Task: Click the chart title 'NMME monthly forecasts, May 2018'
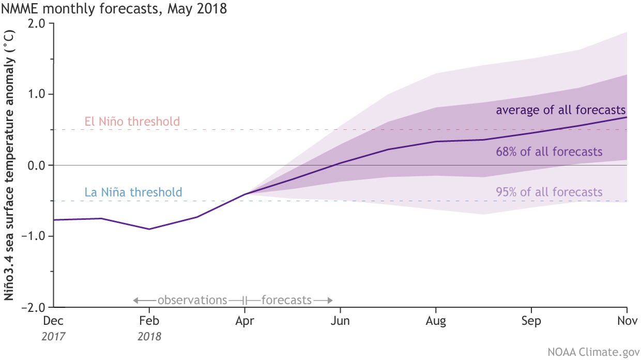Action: click(114, 10)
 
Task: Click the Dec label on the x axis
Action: click(54, 321)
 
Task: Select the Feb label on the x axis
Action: click(149, 321)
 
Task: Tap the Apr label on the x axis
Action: click(245, 321)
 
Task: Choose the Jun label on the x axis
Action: click(340, 321)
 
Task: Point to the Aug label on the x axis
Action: click(436, 321)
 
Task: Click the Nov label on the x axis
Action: click(627, 321)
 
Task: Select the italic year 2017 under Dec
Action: click(54, 337)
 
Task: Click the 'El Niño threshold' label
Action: click(132, 122)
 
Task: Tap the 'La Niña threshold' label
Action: click(133, 193)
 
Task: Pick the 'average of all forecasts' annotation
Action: click(561, 110)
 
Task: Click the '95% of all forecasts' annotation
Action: click(549, 192)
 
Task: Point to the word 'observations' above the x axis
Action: click(192, 300)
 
